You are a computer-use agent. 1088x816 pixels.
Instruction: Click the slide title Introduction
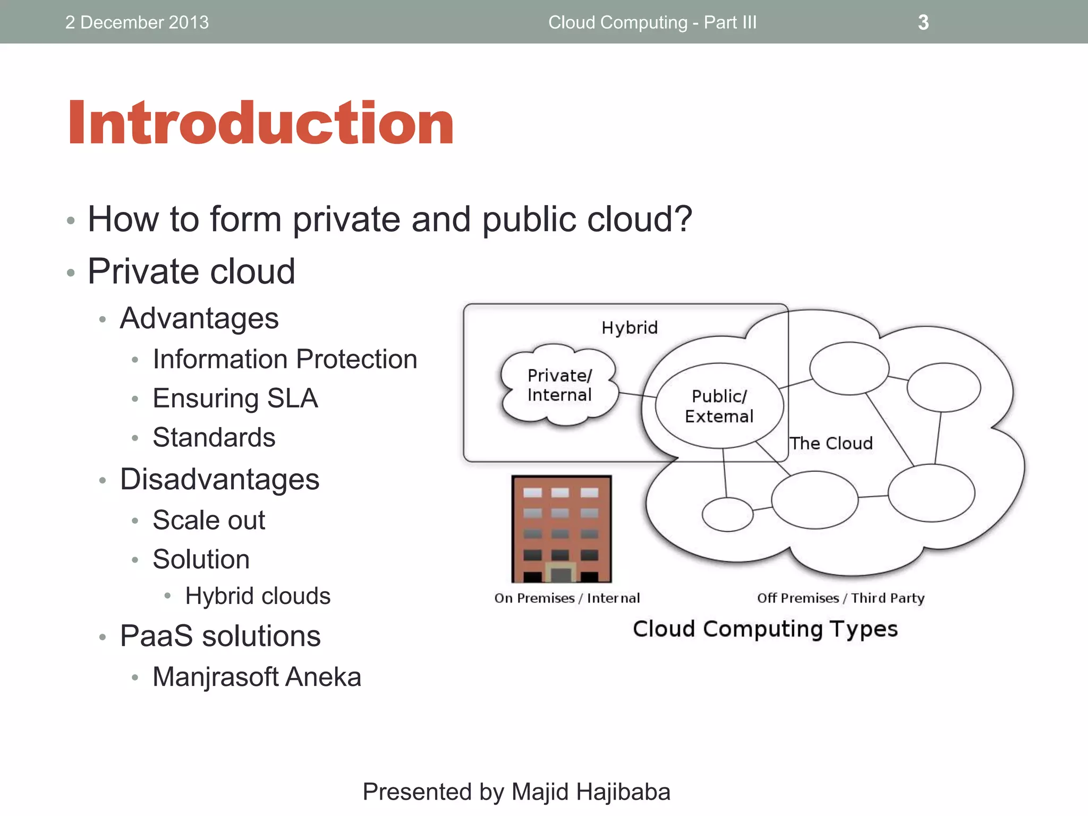click(260, 123)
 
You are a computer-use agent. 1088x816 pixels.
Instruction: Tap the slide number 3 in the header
click(923, 22)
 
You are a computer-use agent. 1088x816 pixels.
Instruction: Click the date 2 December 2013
click(137, 22)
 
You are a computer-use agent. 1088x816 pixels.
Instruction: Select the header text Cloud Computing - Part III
click(652, 22)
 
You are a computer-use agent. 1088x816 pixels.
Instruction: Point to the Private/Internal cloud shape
click(559, 386)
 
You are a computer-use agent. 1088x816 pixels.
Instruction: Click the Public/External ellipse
click(719, 406)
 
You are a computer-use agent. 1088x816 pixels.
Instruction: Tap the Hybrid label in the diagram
click(630, 328)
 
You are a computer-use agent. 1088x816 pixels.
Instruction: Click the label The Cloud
click(831, 443)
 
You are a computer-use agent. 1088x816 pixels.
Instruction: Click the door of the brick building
click(561, 574)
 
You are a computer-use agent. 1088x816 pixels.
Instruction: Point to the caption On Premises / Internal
click(567, 598)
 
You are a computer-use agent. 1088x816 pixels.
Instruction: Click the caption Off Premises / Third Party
click(840, 598)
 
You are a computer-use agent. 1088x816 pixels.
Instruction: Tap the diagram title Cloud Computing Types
click(765, 629)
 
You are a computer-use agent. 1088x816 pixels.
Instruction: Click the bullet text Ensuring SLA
click(235, 398)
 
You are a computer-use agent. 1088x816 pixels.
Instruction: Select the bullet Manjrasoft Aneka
click(257, 677)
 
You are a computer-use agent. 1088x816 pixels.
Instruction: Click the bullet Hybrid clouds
click(258, 596)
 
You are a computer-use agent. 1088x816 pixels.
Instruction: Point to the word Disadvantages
click(219, 479)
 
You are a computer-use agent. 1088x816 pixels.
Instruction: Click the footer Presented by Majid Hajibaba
click(516, 792)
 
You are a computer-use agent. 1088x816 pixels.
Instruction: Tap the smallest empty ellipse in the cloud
click(727, 514)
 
